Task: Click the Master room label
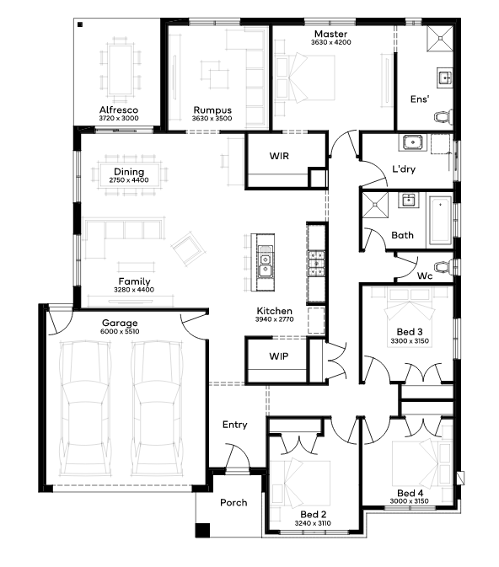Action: coord(330,34)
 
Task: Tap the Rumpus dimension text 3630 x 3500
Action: coord(212,119)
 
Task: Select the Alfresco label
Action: coord(119,110)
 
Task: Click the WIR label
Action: coord(279,156)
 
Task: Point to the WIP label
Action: coord(279,356)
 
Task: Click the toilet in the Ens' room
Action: coord(443,117)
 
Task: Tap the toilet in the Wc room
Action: coord(443,267)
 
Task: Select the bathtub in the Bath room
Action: coord(440,220)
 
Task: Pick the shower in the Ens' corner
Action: coord(440,38)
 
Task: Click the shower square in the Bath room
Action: coord(375,205)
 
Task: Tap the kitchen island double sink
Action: coord(266,264)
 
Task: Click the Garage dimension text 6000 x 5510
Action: coord(120,332)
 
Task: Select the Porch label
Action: coord(233,503)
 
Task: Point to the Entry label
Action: coord(235,425)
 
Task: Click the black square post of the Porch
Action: coord(202,530)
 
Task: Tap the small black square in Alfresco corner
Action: coord(80,24)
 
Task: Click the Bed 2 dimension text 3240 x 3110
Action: coord(313,523)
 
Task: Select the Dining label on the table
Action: coord(129,172)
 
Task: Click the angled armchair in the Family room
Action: coord(188,249)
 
